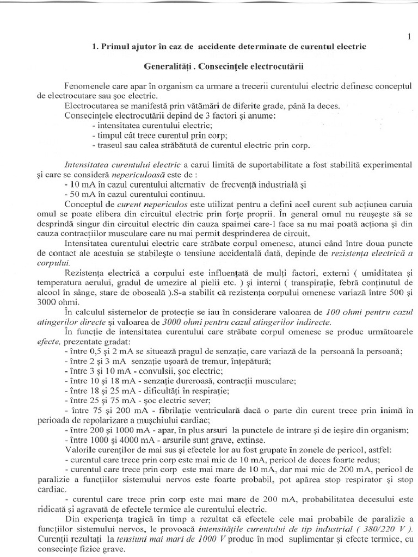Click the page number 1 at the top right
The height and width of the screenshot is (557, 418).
[408, 37]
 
